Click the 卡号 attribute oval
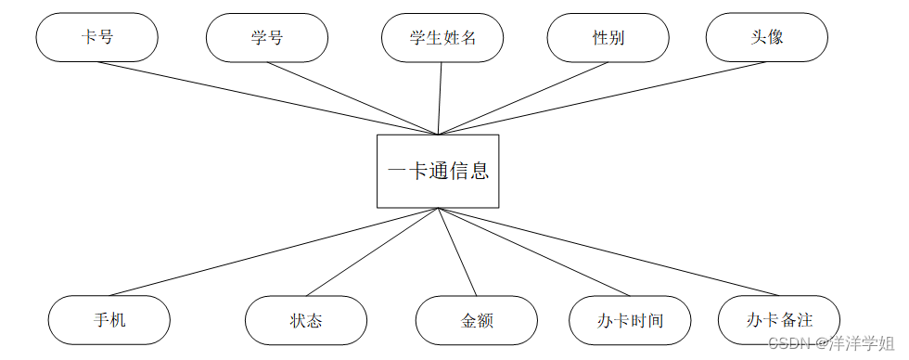point(96,37)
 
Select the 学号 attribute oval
point(267,37)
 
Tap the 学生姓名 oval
point(442,37)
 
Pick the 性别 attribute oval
point(608,37)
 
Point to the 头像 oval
point(767,37)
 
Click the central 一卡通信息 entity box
point(438,171)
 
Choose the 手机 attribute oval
point(109,320)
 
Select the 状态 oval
point(306,320)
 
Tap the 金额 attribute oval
point(477,320)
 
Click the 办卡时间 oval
point(630,320)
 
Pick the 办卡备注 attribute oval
point(778,320)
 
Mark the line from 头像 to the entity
point(602,97)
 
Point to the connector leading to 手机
point(274,251)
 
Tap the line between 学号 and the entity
point(352,98)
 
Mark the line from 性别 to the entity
point(522,98)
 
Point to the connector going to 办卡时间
point(533,251)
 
